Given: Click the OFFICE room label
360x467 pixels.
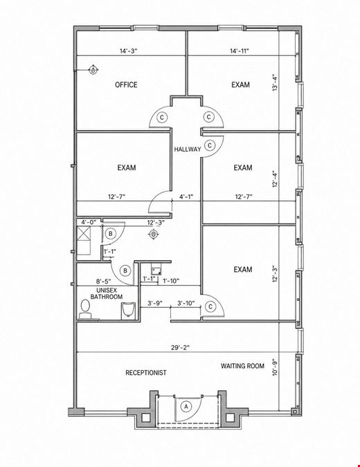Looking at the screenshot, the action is pos(126,85).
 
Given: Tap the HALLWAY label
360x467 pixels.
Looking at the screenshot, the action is pos(188,149).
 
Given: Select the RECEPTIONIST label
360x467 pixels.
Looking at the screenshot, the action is pos(145,373).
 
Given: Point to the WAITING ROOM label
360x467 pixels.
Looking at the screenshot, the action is pos(242,366).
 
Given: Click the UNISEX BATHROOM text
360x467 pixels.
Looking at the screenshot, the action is pos(107,293).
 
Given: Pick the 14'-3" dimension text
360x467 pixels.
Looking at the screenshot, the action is pos(129,51).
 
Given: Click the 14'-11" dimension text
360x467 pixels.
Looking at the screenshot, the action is pos(240,51).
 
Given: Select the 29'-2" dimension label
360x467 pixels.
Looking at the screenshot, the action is pos(180,347).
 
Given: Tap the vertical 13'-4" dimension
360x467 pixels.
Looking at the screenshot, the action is pos(275,82).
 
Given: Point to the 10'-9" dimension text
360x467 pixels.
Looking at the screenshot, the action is pos(275,367).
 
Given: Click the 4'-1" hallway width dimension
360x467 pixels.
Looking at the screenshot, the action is pos(186,196).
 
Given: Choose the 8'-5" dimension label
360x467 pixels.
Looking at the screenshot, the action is pos(103,281).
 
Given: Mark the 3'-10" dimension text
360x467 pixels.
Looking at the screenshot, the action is pos(186,303).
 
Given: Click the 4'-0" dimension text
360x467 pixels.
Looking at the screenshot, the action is pos(89,222).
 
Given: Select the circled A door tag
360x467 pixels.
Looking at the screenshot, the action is pos(186,406).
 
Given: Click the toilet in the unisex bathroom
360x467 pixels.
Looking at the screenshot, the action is pos(85,309).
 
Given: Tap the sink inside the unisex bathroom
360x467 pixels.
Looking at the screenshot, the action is pos(129,311).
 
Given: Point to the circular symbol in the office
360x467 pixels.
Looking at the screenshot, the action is pos(93,71).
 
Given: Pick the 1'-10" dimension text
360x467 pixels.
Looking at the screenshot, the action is pos(171,281).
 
